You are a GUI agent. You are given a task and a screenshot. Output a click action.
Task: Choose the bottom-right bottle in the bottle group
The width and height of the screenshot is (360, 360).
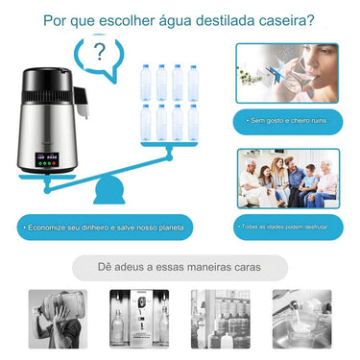[195, 122]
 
